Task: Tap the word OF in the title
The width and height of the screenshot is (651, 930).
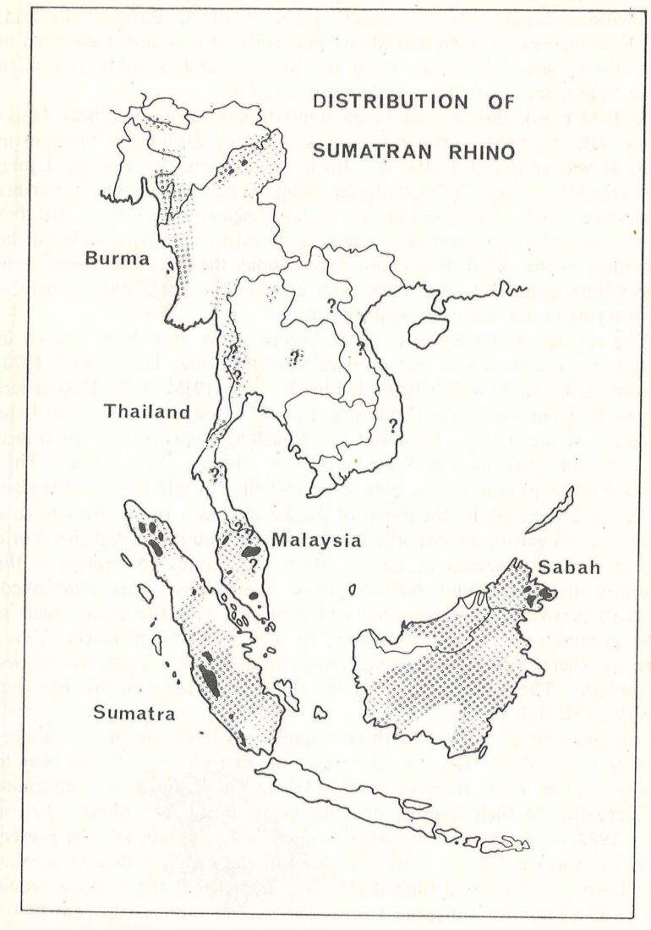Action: (498, 102)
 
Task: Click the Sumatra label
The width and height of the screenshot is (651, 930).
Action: (132, 713)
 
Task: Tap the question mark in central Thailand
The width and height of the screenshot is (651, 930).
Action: (295, 357)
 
